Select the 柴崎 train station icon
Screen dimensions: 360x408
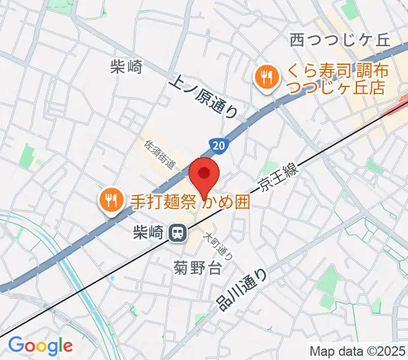click(177, 232)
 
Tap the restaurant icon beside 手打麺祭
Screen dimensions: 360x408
click(110, 199)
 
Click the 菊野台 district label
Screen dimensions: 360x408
click(198, 268)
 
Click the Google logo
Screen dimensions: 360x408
click(40, 345)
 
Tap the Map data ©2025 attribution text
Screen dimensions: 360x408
click(358, 350)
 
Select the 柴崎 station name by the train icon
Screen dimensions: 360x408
click(149, 232)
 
